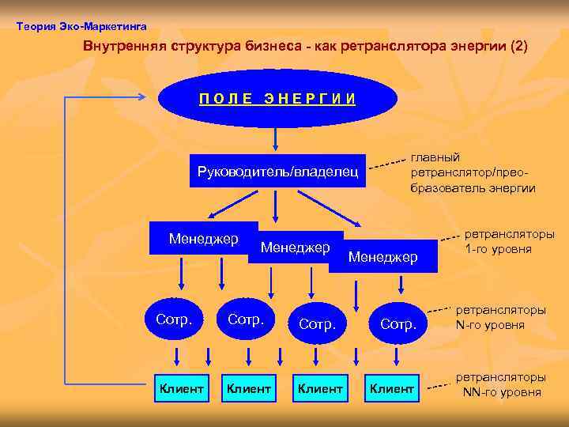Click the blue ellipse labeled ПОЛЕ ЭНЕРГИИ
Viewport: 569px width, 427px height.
[x=277, y=98]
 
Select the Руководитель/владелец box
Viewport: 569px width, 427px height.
[x=277, y=170]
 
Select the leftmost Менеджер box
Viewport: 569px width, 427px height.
[x=203, y=238]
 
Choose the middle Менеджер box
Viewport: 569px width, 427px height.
[x=295, y=248]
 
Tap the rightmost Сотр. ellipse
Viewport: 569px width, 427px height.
[x=398, y=323]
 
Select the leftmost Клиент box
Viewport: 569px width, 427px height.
[x=183, y=388]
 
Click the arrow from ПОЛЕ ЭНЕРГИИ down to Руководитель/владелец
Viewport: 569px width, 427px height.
[x=275, y=139]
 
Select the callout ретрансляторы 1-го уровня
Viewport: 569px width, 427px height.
[x=509, y=242]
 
